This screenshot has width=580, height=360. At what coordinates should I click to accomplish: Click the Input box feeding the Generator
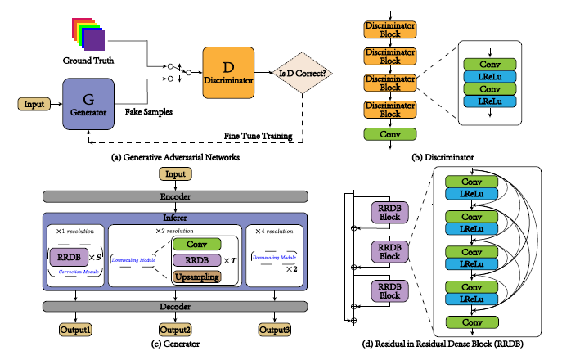pos(35,104)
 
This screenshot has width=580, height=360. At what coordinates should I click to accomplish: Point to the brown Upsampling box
pos(196,278)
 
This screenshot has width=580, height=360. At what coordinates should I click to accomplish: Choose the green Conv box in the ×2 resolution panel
pos(196,244)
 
